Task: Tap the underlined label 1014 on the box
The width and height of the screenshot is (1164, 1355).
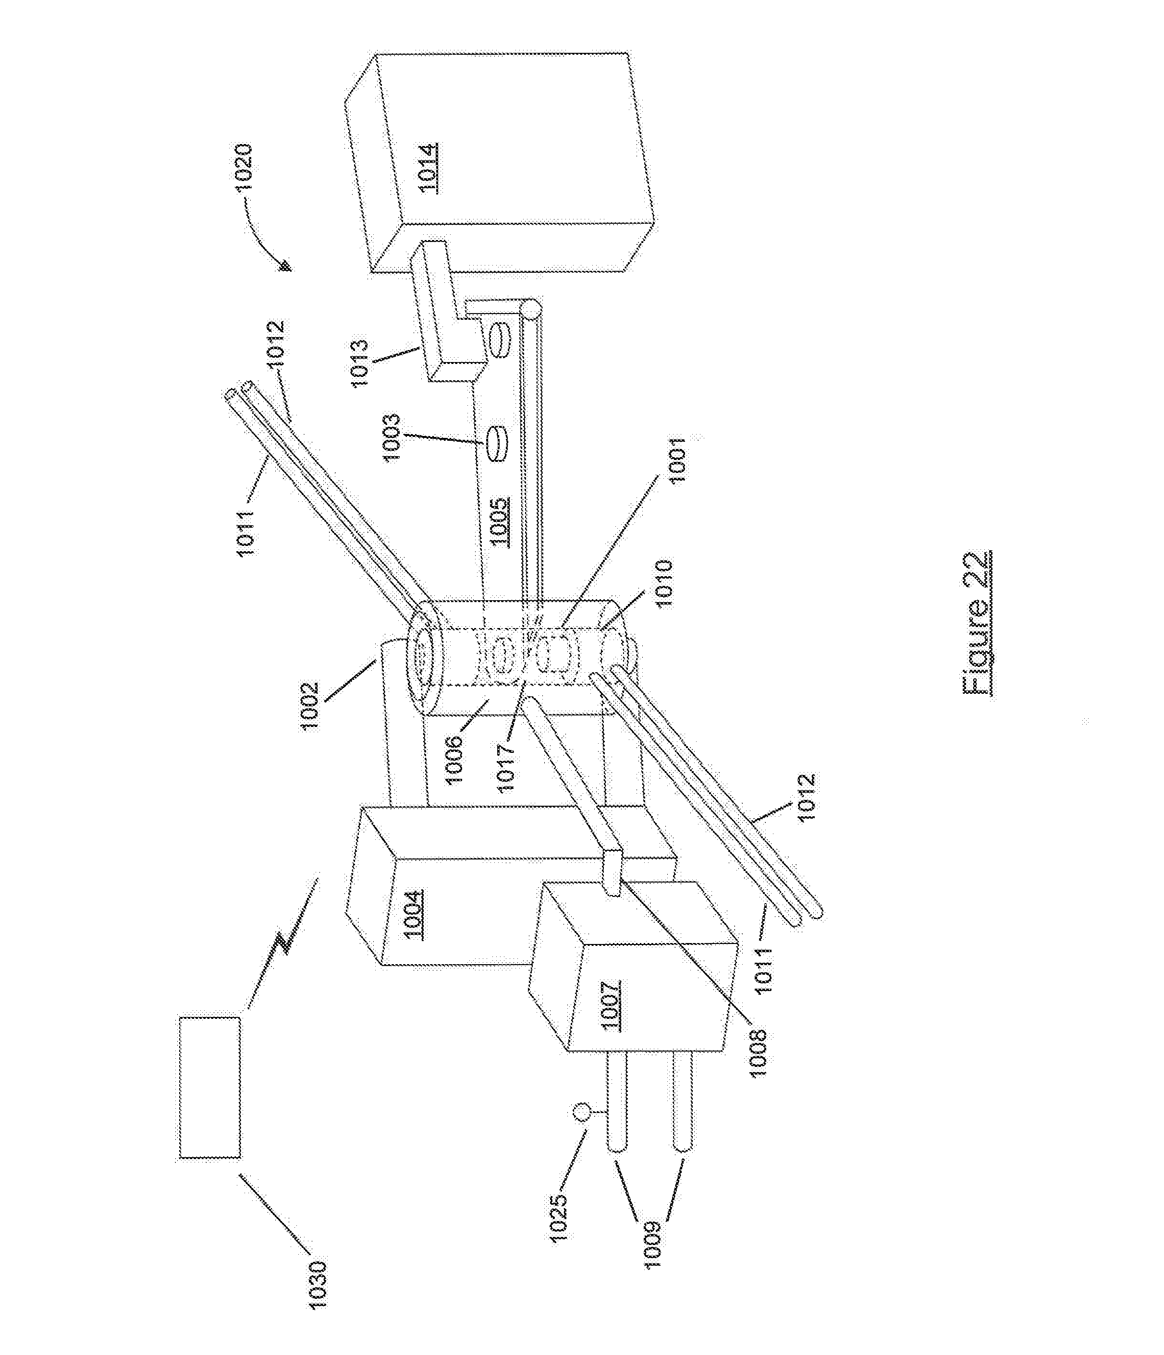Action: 429,168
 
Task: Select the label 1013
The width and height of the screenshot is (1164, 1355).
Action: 362,363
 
